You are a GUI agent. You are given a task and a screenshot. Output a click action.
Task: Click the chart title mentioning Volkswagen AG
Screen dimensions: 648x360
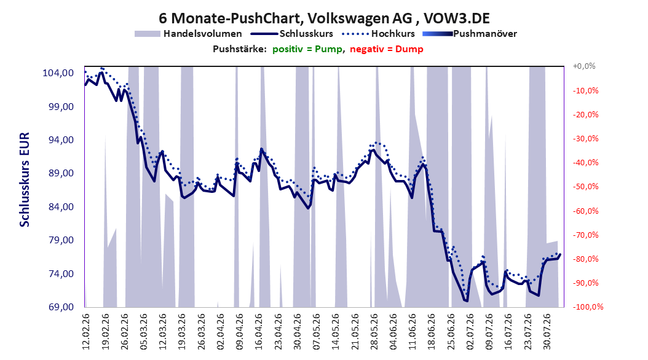[x=324, y=18]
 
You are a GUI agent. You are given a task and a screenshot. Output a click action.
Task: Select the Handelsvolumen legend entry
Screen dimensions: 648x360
[x=189, y=34]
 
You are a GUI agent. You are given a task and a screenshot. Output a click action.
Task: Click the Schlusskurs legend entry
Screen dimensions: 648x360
[x=292, y=34]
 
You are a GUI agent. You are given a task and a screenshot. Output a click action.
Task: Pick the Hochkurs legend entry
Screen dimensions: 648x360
[x=379, y=34]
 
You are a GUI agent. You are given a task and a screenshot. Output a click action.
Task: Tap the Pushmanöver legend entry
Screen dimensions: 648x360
[x=470, y=34]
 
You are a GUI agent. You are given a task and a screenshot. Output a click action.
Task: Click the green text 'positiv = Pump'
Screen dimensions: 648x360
[x=307, y=49]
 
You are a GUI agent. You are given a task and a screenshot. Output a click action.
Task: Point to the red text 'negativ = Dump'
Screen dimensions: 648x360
[x=387, y=49]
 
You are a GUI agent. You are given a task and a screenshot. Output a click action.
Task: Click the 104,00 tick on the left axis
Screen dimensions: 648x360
[x=58, y=73]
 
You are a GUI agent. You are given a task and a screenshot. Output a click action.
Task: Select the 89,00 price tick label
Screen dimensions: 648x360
[x=58, y=173]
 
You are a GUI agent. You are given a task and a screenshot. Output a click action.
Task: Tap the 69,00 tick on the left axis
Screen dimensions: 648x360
[x=58, y=307]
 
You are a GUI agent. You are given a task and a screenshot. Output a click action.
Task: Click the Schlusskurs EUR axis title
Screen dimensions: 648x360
[x=25, y=179]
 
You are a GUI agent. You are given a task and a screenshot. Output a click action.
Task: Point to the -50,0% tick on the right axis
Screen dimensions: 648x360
[x=585, y=187]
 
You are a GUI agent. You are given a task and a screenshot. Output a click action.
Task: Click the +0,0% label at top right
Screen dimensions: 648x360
[x=584, y=66]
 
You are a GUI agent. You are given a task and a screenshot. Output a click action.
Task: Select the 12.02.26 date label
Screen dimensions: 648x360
[x=86, y=332]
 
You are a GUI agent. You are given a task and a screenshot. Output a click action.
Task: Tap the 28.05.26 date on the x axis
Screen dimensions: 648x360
[x=374, y=332]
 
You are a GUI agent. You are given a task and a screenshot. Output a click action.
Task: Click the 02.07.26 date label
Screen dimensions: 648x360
[x=470, y=332]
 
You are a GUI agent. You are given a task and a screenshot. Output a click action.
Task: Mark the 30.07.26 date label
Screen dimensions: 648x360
[x=547, y=332]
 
